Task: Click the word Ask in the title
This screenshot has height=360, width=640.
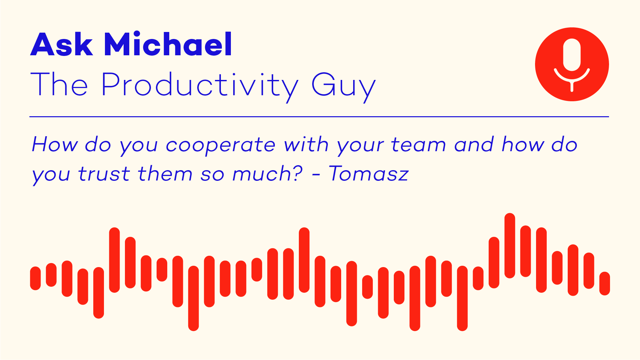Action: (61, 44)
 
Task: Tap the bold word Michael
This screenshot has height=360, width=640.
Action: (168, 44)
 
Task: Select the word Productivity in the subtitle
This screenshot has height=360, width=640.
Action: (200, 85)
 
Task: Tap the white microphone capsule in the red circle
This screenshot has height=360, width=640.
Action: (572, 55)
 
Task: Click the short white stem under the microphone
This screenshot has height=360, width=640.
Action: (572, 86)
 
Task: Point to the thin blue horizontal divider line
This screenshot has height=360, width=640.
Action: (319, 117)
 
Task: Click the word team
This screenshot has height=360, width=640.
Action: (418, 145)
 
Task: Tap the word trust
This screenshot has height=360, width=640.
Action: (104, 174)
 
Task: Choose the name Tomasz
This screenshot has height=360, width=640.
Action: (368, 174)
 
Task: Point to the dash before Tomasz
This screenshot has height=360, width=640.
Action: (316, 175)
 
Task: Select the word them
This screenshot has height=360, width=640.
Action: (165, 174)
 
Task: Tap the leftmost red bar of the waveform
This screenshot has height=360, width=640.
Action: (35, 278)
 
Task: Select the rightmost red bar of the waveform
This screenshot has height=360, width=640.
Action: (605, 283)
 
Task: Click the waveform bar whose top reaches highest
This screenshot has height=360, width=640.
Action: (510, 245)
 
